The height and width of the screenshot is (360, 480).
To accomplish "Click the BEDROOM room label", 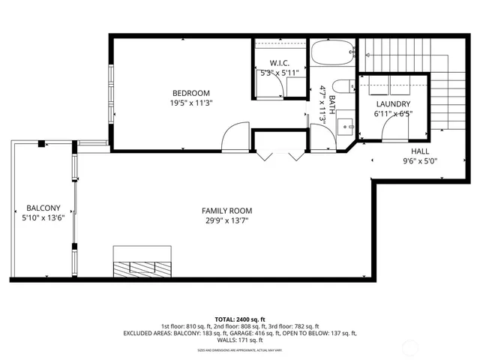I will pyautogui.click(x=185, y=93).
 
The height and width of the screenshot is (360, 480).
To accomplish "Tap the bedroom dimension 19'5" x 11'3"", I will pyautogui.click(x=185, y=104).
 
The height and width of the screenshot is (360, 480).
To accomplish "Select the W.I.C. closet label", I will pyautogui.click(x=279, y=63).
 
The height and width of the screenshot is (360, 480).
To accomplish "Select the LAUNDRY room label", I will pyautogui.click(x=393, y=104).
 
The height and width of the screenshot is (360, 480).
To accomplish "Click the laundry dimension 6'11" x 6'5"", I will pyautogui.click(x=393, y=115).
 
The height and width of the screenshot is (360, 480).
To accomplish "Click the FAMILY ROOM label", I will pyautogui.click(x=226, y=211).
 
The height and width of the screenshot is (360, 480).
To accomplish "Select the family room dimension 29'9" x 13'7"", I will pyautogui.click(x=226, y=221).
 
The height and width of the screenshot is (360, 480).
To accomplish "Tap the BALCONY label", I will pyautogui.click(x=38, y=208).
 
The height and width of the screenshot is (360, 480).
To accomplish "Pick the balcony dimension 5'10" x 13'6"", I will pyautogui.click(x=38, y=218).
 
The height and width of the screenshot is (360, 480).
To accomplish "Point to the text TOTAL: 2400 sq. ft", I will pyautogui.click(x=240, y=319).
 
